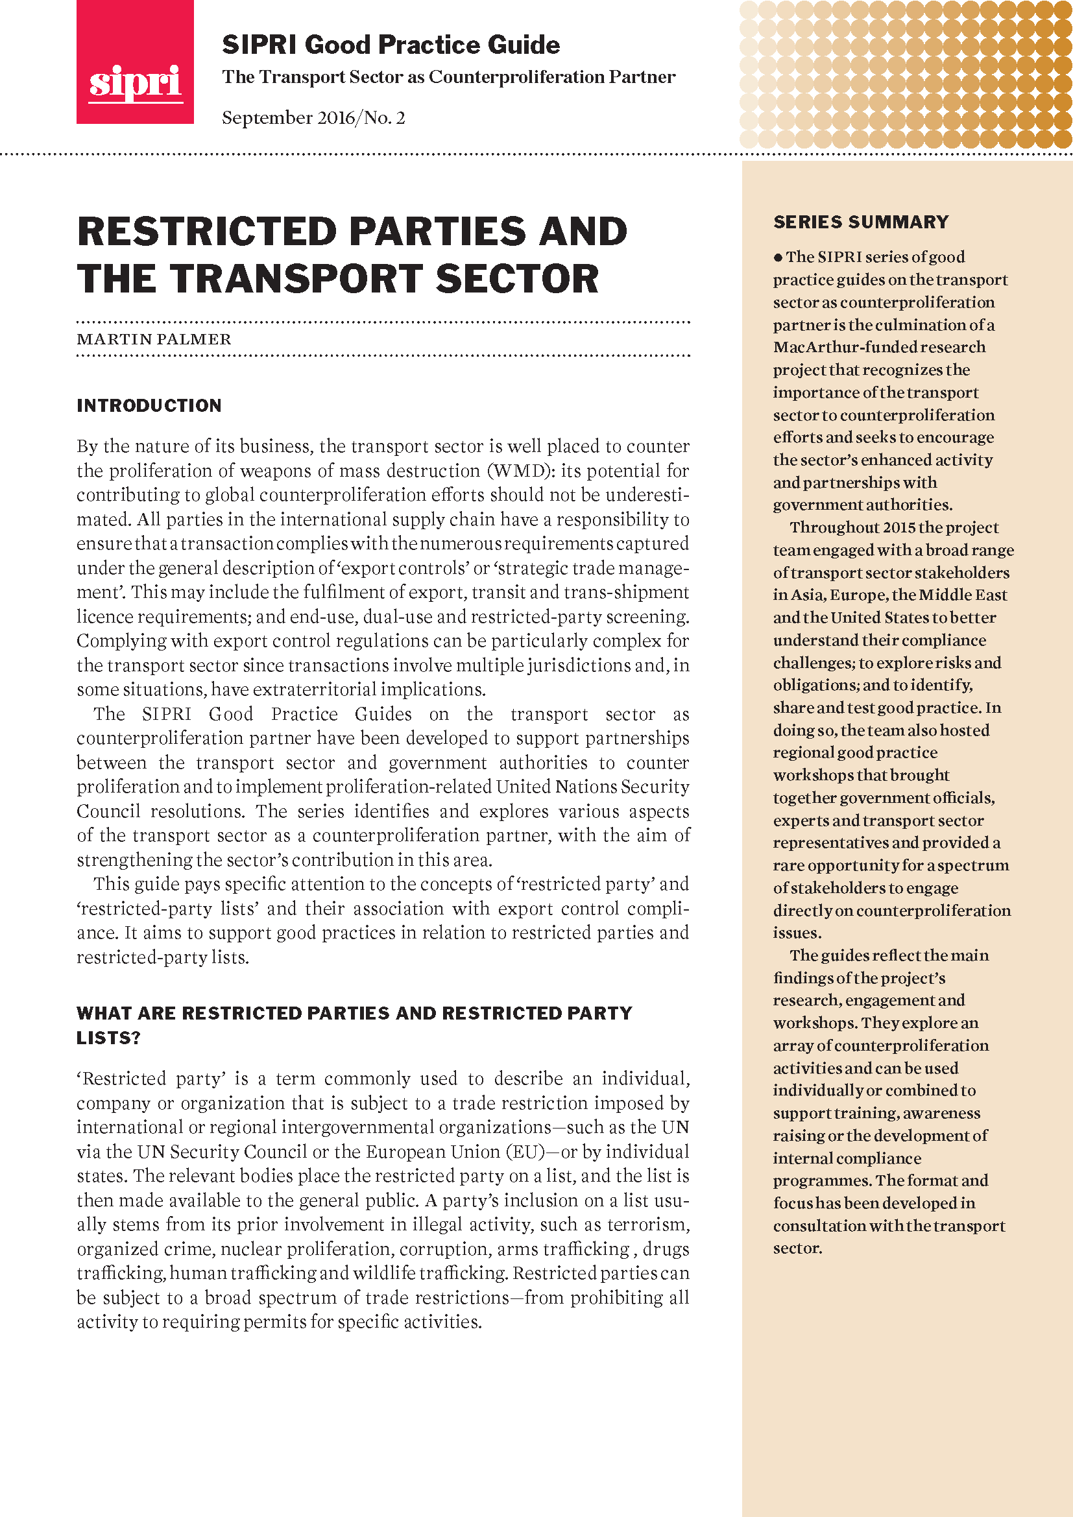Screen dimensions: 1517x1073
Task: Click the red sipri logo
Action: click(x=135, y=62)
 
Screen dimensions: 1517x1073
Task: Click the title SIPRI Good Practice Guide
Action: click(x=391, y=45)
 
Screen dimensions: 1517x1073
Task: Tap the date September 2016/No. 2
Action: click(x=313, y=117)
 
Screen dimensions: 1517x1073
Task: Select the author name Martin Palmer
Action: click(x=154, y=339)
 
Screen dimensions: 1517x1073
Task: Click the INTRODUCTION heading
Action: click(x=149, y=405)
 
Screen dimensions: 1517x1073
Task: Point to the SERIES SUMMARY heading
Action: click(x=860, y=222)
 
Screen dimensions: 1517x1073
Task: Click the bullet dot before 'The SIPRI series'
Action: click(x=778, y=257)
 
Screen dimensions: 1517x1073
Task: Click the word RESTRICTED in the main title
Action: click(x=207, y=232)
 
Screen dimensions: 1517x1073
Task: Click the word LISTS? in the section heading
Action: click(x=108, y=1038)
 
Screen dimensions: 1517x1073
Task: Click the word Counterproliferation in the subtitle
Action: click(x=516, y=77)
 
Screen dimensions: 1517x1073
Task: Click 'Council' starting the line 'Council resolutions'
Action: click(x=108, y=811)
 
